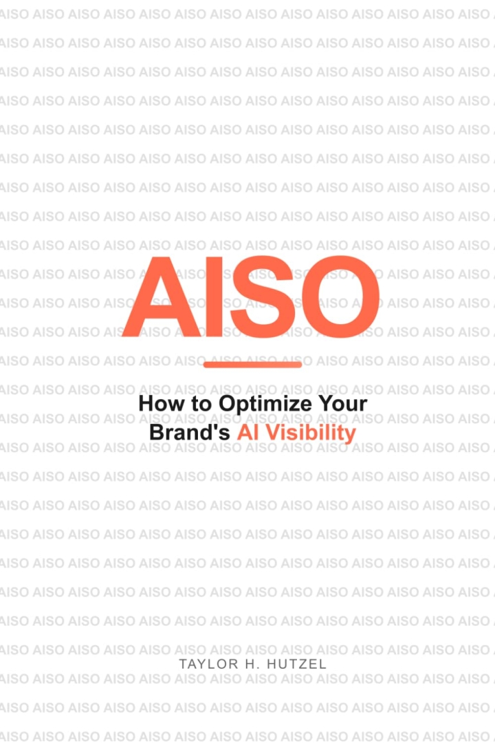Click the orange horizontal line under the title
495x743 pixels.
pyautogui.click(x=253, y=365)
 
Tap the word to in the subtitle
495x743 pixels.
pyautogui.click(x=202, y=403)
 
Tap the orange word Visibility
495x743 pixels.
pyautogui.click(x=311, y=433)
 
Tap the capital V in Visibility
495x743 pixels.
pyautogui.click(x=271, y=433)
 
